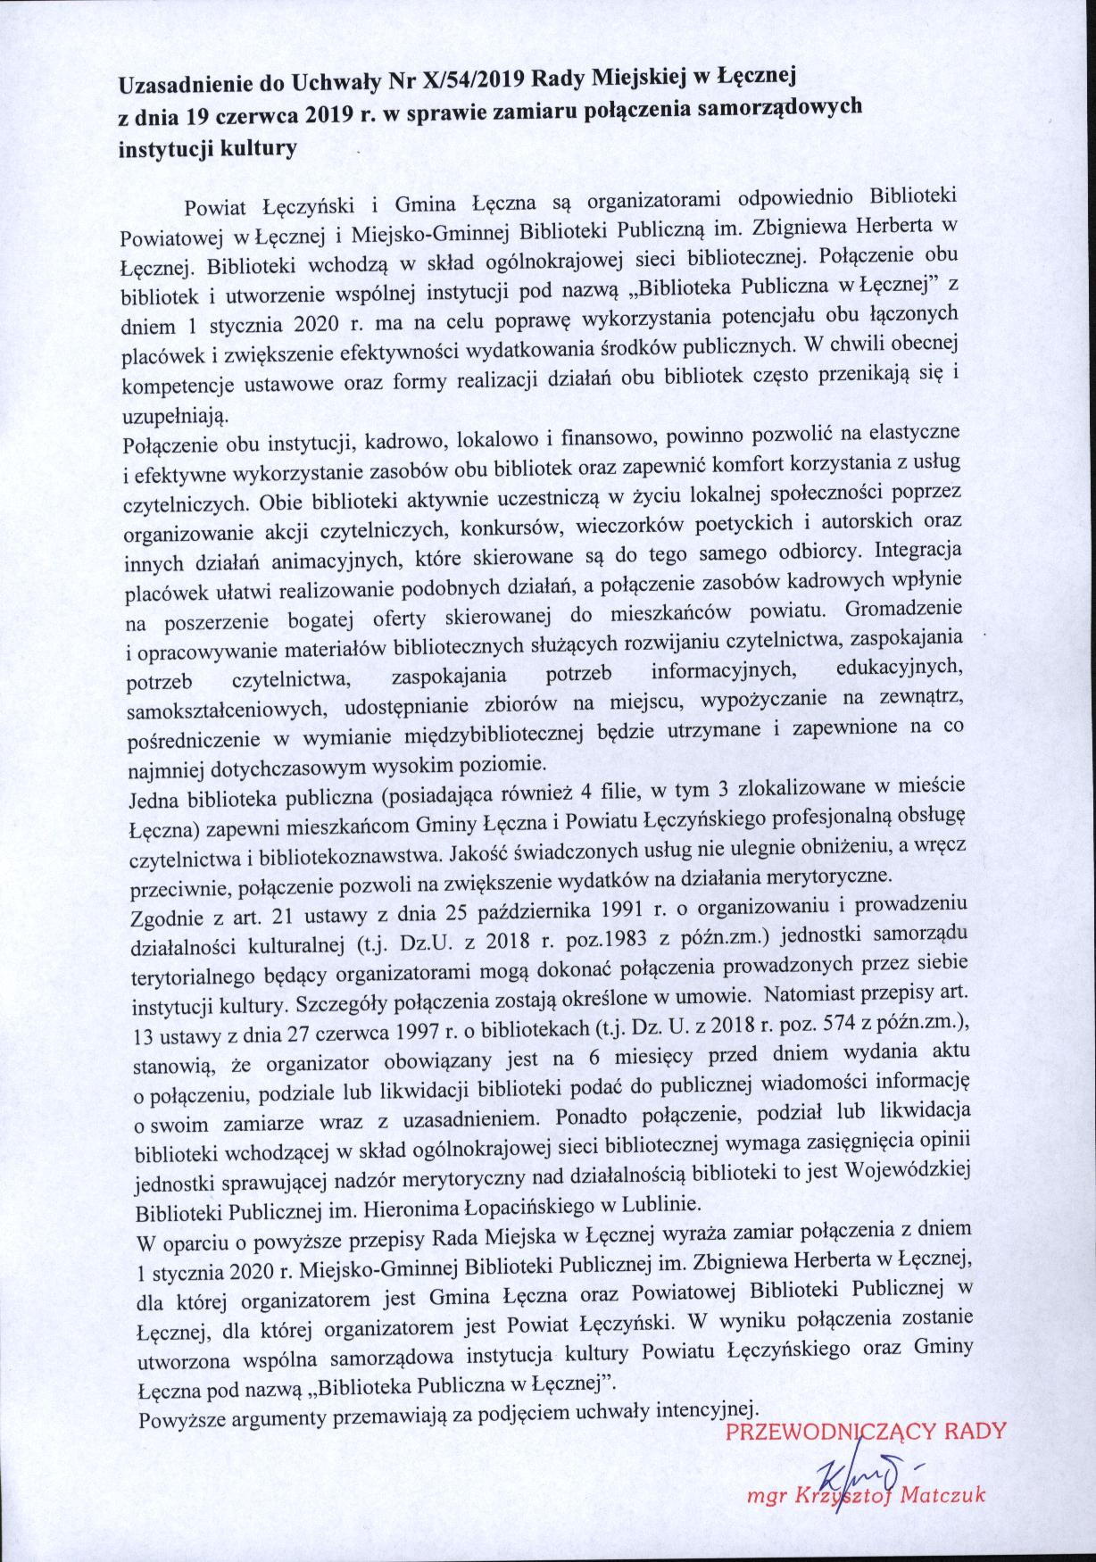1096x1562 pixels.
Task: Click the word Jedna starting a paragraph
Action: click(153, 797)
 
